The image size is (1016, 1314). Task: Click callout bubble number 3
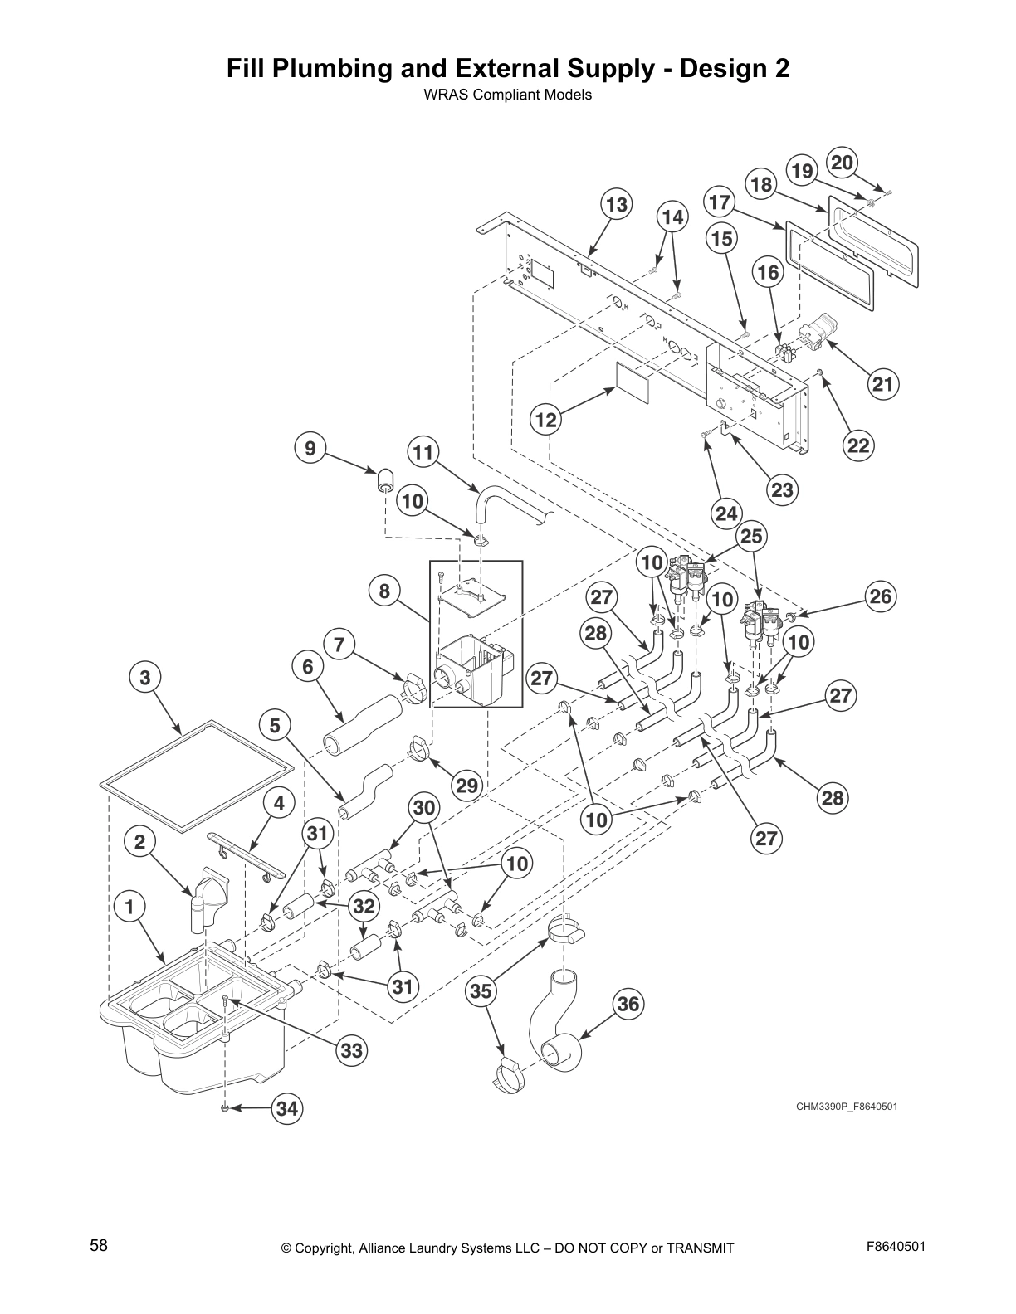pos(145,677)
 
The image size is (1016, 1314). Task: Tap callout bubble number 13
pos(617,204)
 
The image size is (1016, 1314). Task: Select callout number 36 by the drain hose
pos(628,1005)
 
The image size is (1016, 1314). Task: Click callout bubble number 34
pos(287,1108)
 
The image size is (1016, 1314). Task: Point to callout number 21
pos(883,383)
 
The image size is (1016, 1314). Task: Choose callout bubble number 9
pos(310,449)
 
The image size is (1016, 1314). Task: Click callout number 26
pos(880,596)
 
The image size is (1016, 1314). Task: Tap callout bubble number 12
pos(545,420)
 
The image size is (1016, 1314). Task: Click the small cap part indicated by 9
pos(385,479)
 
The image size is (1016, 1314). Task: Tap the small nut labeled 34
pos(225,1108)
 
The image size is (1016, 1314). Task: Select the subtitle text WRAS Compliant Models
pos(507,95)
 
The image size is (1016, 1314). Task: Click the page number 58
pos(99,1246)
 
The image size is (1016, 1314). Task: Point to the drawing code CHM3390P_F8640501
pos(847,1107)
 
